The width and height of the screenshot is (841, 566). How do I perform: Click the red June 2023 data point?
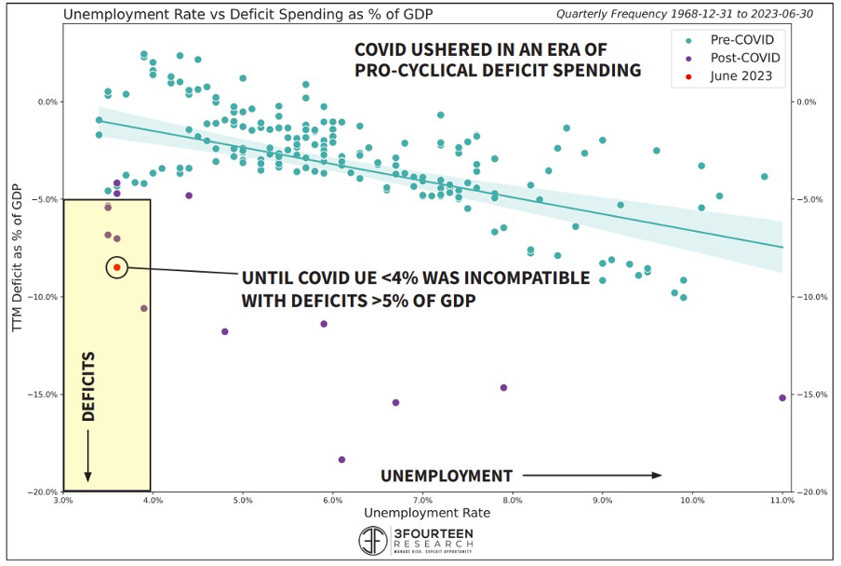117,267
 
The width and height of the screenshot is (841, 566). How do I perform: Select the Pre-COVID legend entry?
740,40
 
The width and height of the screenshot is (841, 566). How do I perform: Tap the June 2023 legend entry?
741,76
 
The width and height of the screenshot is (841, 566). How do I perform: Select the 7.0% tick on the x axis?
423,500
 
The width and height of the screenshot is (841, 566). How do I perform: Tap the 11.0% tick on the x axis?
782,500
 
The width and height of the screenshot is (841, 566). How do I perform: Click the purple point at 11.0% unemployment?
782,398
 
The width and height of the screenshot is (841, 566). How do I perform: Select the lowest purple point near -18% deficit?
341,459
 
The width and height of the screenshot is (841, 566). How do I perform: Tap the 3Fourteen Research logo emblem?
373,541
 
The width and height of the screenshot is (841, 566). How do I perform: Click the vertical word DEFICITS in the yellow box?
89,385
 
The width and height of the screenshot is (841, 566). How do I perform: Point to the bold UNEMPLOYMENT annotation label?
447,476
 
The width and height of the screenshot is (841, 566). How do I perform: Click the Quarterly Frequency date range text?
669,14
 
